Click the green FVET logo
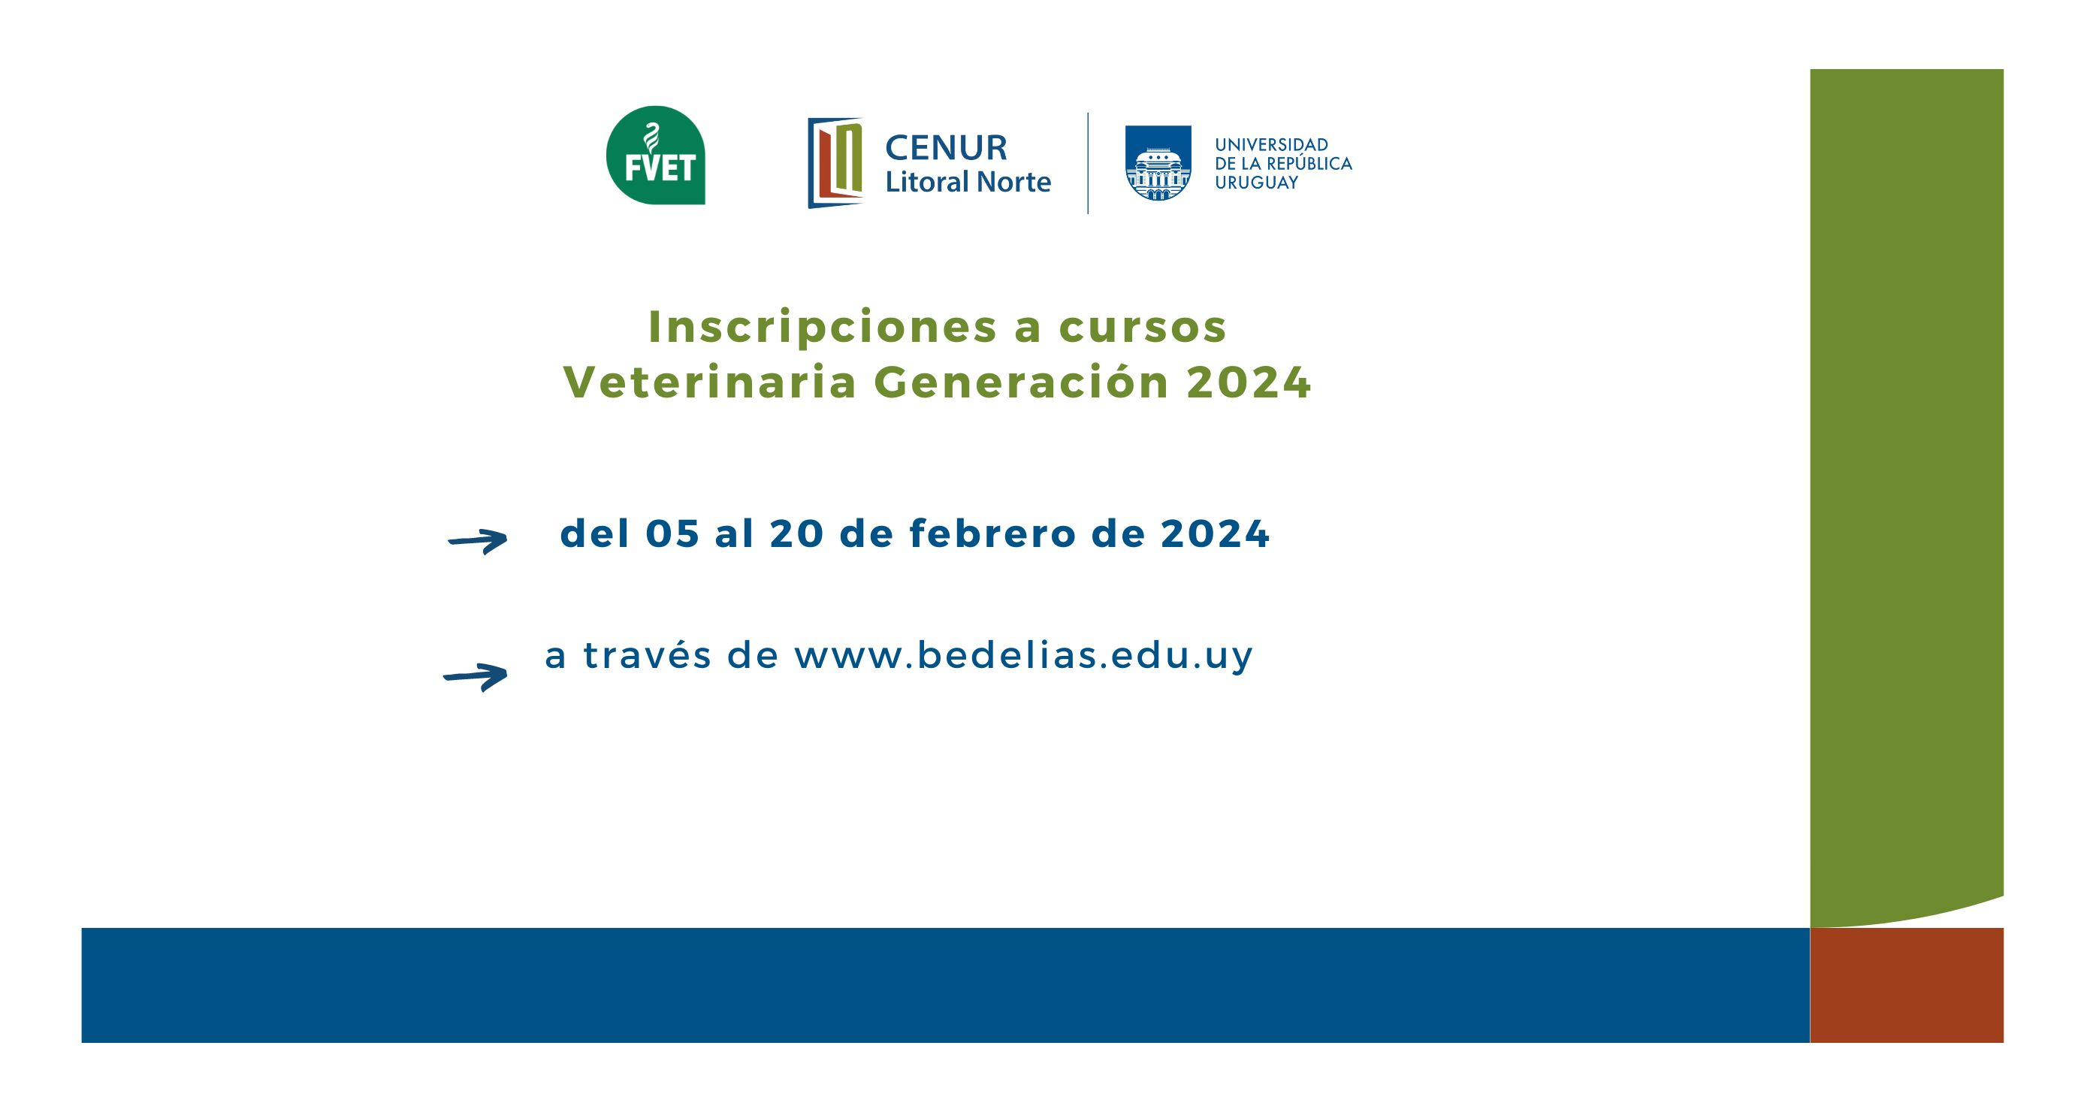pos(655,156)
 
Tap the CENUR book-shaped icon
pos(835,162)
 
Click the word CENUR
pos(946,148)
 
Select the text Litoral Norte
pos(968,182)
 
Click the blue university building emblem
pos(1158,162)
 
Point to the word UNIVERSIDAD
pos(1272,145)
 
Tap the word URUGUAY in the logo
pos(1256,183)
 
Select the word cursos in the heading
pos(1143,328)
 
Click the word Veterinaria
pos(709,382)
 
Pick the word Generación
pos(1021,382)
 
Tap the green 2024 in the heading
pos(1248,382)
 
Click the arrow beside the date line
pos(479,541)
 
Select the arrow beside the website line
pos(476,676)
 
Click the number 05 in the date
pos(672,534)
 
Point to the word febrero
pos(993,533)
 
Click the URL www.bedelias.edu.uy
pos(1022,654)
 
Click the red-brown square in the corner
pos(1907,985)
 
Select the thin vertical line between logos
pos(1087,163)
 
